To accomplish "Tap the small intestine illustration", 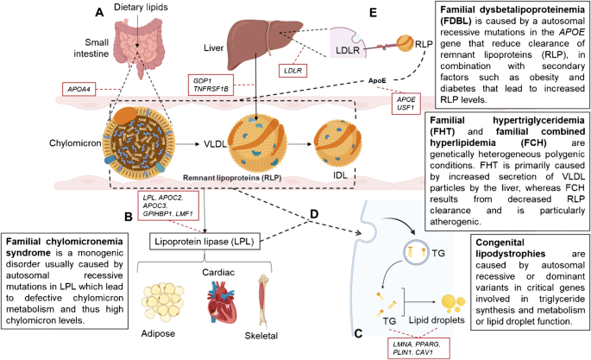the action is coord(140,45).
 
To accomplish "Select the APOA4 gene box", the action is coord(79,89).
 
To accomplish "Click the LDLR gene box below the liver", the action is coord(292,71).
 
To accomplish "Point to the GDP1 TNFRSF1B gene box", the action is coord(211,85).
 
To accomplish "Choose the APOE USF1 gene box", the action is coord(406,104).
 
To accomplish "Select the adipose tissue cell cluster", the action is coord(162,303).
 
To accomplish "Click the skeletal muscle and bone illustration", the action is coord(263,300).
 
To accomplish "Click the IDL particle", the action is coord(337,143).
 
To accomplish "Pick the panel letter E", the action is coord(373,13).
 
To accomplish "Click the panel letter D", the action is coord(313,214).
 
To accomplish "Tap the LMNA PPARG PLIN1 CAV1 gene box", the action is coord(418,348).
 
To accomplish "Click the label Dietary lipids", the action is coord(141,7).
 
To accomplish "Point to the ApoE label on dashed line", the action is coord(377,80).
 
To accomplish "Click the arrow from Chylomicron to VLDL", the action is coord(188,144).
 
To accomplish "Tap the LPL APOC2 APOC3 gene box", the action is coord(168,205).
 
